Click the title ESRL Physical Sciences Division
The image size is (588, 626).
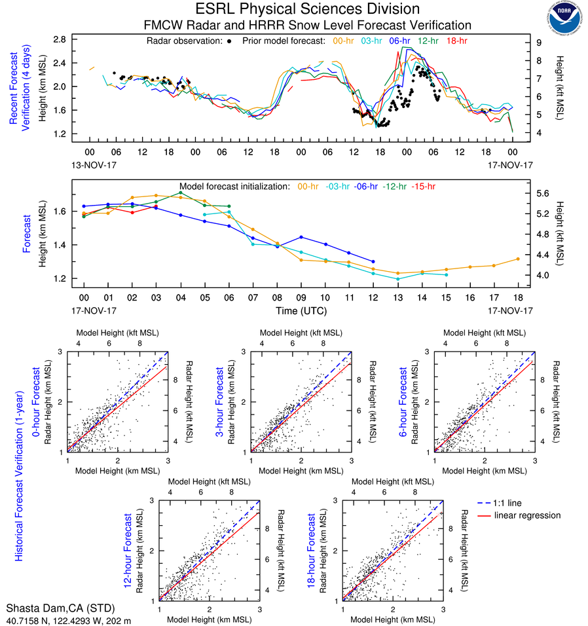(x=308, y=9)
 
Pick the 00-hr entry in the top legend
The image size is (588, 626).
(x=344, y=41)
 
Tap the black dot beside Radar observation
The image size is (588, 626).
(x=229, y=41)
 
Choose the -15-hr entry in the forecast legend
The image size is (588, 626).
(x=424, y=187)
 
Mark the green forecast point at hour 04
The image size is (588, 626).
(x=180, y=193)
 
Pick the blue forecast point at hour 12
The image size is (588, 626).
(x=373, y=261)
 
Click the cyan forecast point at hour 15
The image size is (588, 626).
(x=445, y=274)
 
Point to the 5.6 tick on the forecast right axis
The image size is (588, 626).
(x=542, y=193)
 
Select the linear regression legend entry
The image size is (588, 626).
(x=527, y=515)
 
